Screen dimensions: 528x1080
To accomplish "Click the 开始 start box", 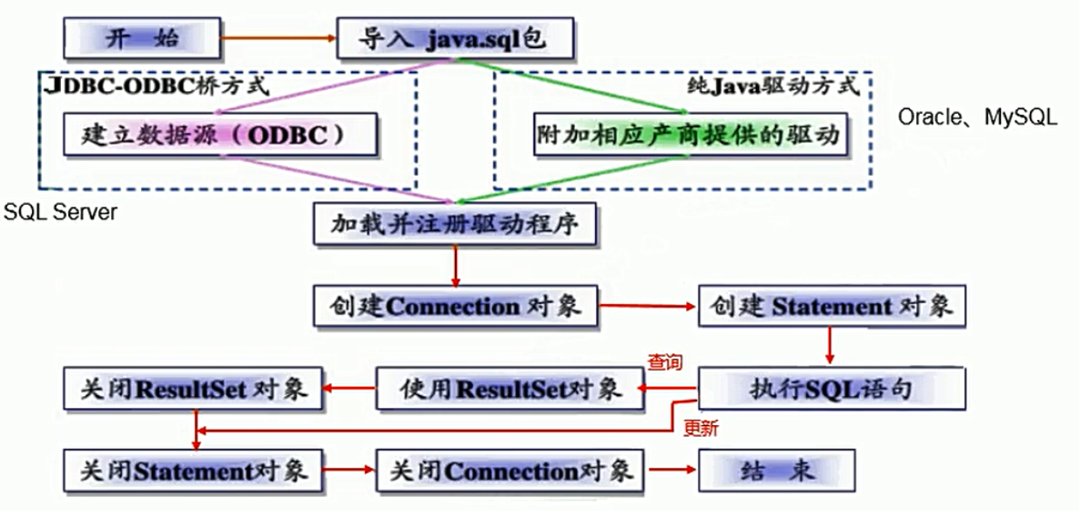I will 142,38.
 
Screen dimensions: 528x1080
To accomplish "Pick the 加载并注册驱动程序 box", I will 454,223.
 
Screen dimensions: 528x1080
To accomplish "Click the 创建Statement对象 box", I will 831,307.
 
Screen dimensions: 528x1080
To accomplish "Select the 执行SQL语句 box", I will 831,390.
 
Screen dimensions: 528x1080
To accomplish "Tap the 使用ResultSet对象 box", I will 510,390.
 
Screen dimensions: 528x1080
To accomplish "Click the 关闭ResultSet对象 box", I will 193,390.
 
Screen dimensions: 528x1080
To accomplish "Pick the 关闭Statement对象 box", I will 193,471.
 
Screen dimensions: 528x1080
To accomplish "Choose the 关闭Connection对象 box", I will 510,471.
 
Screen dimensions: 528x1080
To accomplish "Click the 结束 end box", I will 776,471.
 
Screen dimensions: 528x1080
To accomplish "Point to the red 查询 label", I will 664,362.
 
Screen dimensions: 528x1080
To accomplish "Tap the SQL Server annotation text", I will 60,212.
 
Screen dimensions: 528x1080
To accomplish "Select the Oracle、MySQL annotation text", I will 978,117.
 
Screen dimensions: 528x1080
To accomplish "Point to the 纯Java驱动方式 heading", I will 773,86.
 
